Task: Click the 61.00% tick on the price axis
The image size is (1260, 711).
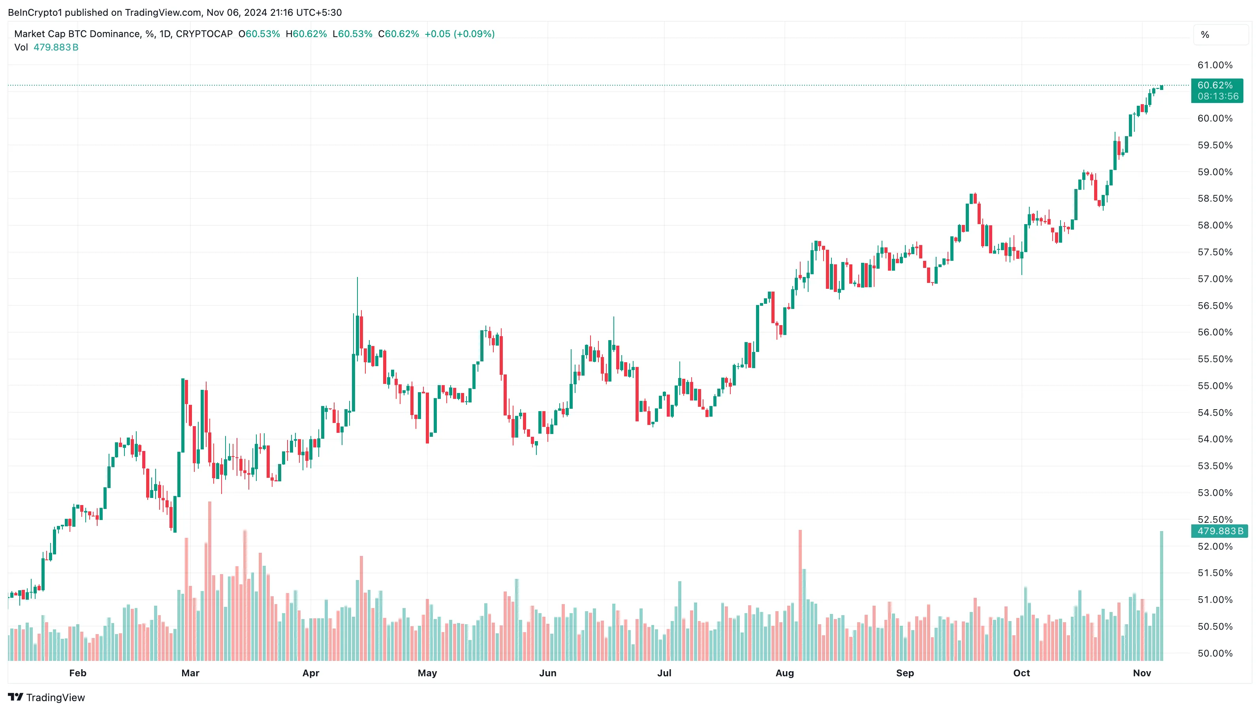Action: [1215, 65]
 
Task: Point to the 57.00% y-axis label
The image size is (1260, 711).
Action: [1215, 279]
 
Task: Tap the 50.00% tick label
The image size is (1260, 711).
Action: [1215, 653]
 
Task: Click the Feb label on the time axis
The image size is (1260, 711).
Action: [78, 673]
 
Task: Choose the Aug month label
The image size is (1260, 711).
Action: [784, 673]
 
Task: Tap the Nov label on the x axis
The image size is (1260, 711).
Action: [1142, 673]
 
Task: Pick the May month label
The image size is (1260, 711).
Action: [427, 673]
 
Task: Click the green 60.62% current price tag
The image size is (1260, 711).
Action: [1215, 85]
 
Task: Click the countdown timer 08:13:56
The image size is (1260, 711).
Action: [1218, 96]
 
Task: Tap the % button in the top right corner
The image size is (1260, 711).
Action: [1205, 35]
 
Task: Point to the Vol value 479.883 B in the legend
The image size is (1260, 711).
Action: [56, 47]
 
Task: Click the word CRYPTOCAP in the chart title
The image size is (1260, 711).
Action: [204, 34]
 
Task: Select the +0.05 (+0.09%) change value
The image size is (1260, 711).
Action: [459, 34]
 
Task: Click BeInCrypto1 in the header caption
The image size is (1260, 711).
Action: [35, 12]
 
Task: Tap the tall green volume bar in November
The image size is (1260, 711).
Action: [1162, 596]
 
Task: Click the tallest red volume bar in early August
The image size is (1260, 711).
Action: [800, 596]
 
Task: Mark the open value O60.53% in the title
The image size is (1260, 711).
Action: [259, 34]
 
